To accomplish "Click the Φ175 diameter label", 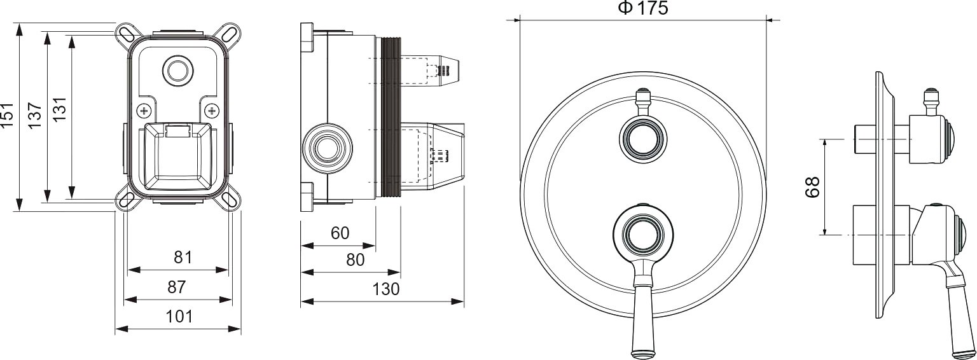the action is [x=643, y=8].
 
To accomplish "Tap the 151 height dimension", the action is [x=8, y=116].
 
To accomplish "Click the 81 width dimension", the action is [x=183, y=258].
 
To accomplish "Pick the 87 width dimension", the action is [x=177, y=287].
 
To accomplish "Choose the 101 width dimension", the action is [x=179, y=316].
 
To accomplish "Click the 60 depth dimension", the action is [x=340, y=233].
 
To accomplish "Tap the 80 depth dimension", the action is [x=355, y=260].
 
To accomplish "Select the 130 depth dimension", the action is [x=386, y=289].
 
